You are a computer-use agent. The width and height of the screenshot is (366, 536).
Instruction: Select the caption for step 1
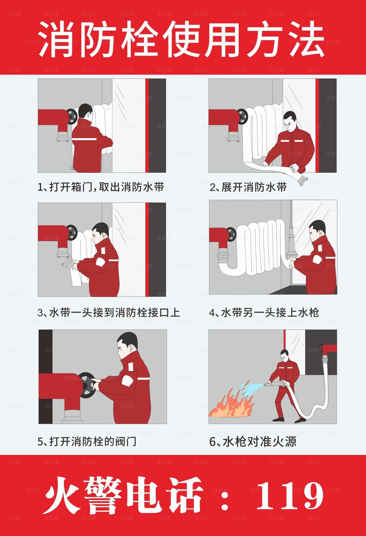(101, 187)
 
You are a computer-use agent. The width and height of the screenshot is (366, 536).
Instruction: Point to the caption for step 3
(109, 312)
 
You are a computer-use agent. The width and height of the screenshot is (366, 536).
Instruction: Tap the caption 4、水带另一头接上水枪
(264, 312)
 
